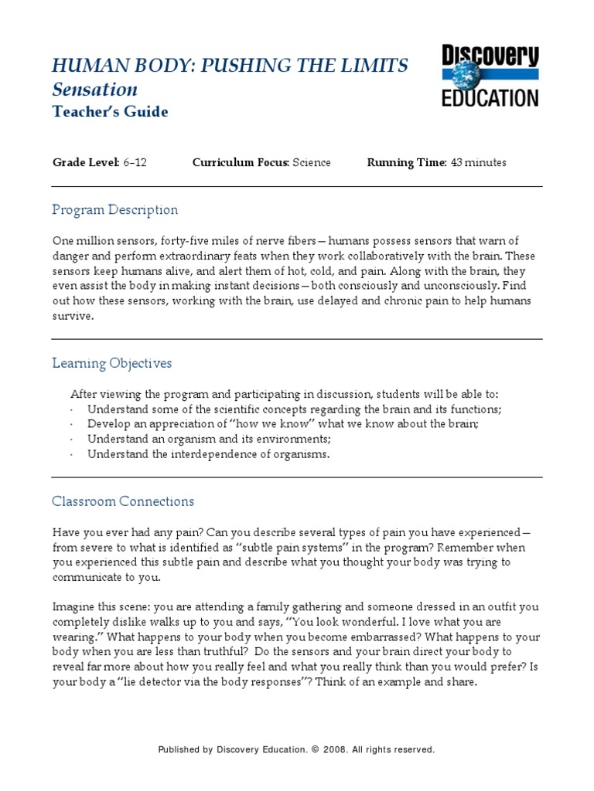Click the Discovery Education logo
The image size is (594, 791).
tap(490, 76)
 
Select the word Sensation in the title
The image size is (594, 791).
tap(95, 90)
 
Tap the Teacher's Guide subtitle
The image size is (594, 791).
tap(110, 112)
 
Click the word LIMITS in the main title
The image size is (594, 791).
tap(370, 66)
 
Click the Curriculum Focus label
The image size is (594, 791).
tap(240, 162)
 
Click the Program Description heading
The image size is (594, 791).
tap(114, 210)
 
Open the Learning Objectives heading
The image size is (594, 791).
tap(111, 363)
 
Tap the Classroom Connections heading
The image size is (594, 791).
tap(123, 501)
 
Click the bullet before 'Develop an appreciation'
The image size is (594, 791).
tap(71, 425)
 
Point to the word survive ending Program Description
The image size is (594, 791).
tap(72, 316)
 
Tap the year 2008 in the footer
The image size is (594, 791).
tap(333, 750)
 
